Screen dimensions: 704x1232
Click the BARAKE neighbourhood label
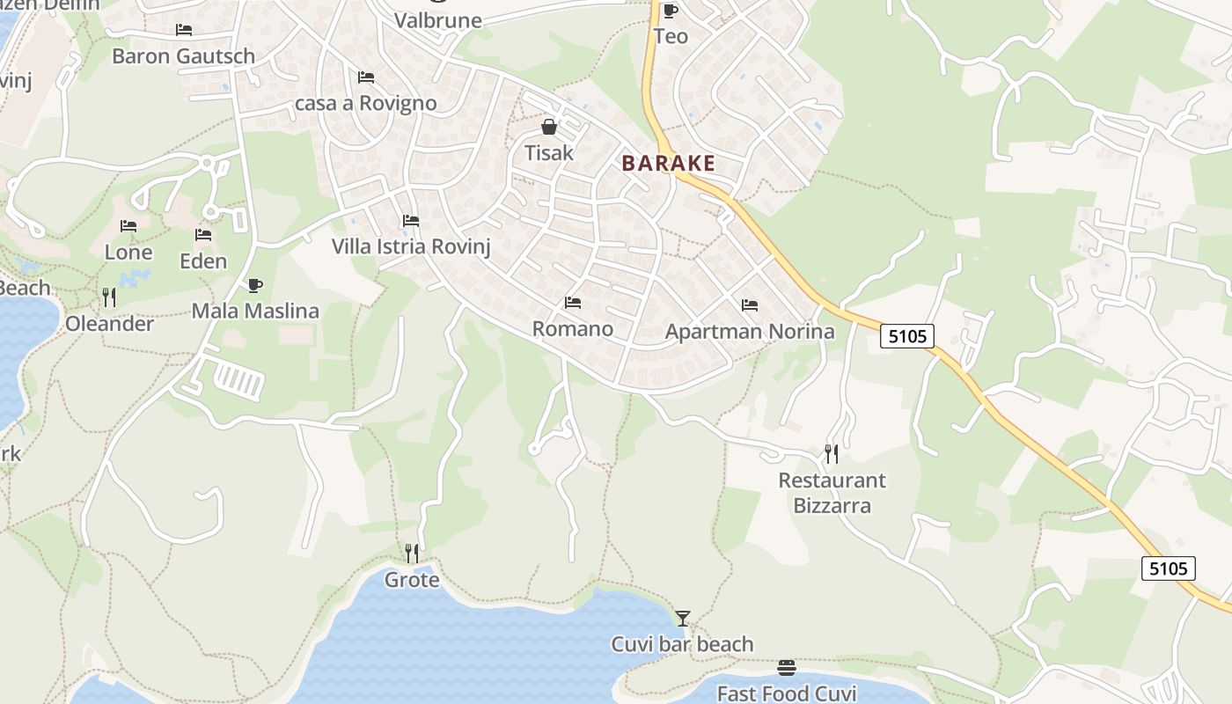tap(668, 163)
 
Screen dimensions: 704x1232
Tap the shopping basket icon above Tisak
tap(549, 128)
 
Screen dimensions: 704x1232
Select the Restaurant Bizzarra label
tap(832, 493)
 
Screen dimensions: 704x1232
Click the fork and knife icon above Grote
tap(411, 553)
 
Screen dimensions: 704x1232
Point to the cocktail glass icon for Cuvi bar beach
tap(682, 618)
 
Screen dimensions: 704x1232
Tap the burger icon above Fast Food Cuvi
tap(787, 668)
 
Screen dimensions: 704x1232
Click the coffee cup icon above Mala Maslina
tap(254, 285)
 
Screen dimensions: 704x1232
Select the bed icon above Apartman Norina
tap(750, 305)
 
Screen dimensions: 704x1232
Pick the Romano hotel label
tap(573, 329)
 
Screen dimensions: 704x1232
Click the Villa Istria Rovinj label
tap(410, 246)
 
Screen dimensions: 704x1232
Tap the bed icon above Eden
tap(203, 235)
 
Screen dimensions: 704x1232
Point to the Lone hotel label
tap(128, 253)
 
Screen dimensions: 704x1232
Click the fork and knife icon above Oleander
tap(109, 297)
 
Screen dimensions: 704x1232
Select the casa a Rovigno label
tap(366, 103)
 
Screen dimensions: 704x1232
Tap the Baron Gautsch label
tap(183, 56)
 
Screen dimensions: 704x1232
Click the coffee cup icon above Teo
tap(671, 11)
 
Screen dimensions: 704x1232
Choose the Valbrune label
tap(438, 20)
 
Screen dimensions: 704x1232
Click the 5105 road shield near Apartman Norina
tap(906, 335)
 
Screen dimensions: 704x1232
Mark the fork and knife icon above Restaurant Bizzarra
tap(831, 454)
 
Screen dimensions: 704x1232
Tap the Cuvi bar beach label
tap(682, 644)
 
